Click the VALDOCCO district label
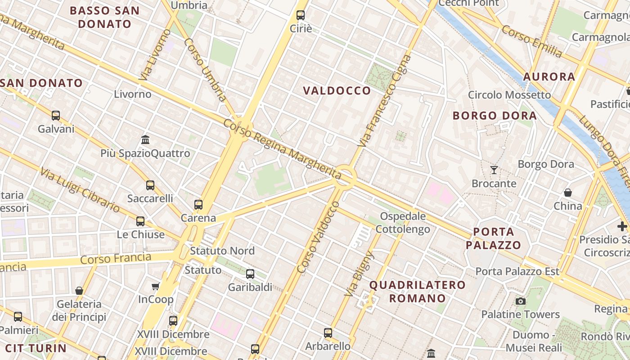pyautogui.click(x=337, y=91)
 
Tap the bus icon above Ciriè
pyautogui.click(x=301, y=15)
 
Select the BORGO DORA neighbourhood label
pyautogui.click(x=495, y=116)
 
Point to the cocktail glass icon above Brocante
pyautogui.click(x=494, y=170)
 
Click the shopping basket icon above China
pyautogui.click(x=568, y=193)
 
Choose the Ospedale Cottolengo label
pyautogui.click(x=403, y=223)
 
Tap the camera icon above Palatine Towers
pyautogui.click(x=521, y=301)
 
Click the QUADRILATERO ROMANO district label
pyautogui.click(x=417, y=292)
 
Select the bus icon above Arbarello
pyautogui.click(x=328, y=333)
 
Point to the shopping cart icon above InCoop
pyautogui.click(x=156, y=286)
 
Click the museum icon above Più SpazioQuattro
pyautogui.click(x=145, y=140)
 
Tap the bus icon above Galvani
pyautogui.click(x=56, y=116)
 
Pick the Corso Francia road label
pyautogui.click(x=116, y=259)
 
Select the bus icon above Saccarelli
pyautogui.click(x=150, y=185)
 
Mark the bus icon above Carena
pyautogui.click(x=198, y=205)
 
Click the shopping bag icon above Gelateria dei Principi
pyautogui.click(x=79, y=291)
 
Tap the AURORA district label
pyautogui.click(x=549, y=77)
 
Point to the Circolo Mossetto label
pyautogui.click(x=509, y=95)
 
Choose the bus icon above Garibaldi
pyautogui.click(x=250, y=274)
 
